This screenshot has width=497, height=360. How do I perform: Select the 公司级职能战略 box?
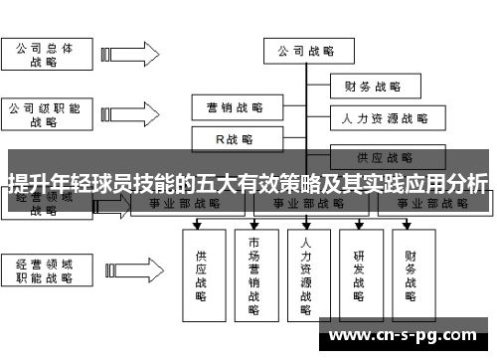[44, 114]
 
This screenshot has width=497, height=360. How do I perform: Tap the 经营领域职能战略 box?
[44, 270]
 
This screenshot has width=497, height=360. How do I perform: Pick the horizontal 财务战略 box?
[372, 87]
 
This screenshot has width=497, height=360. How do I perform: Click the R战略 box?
[234, 139]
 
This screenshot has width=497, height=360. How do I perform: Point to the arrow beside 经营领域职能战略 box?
[134, 270]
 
